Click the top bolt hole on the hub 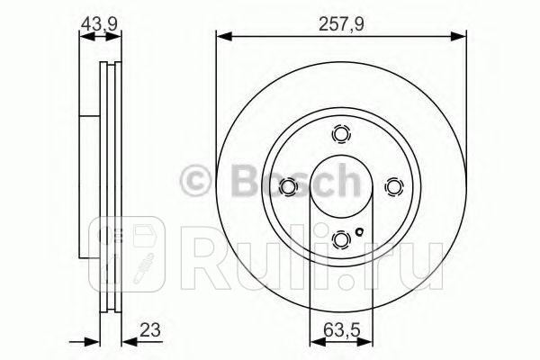[341, 134]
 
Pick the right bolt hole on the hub [393, 186]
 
